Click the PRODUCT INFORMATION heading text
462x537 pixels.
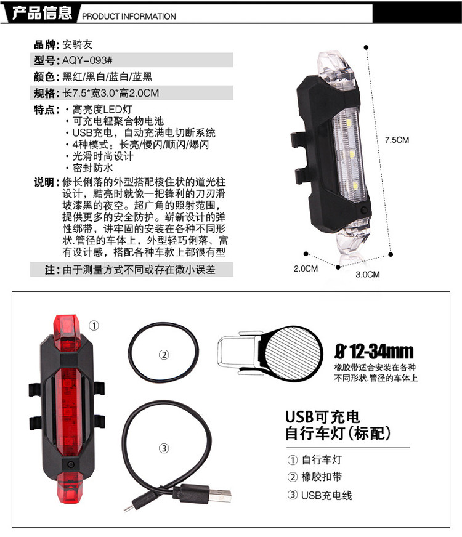129,17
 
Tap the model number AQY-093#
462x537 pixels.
86,60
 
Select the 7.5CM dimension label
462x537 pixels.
397,140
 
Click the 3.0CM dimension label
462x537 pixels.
368,274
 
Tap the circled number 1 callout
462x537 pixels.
94,325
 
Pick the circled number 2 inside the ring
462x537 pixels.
164,355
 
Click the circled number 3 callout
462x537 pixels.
164,448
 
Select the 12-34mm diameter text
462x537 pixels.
374,352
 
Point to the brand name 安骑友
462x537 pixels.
76,44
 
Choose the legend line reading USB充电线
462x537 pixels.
326,495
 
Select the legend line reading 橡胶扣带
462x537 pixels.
322,477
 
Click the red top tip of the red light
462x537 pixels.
66,326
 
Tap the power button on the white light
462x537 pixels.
364,211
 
